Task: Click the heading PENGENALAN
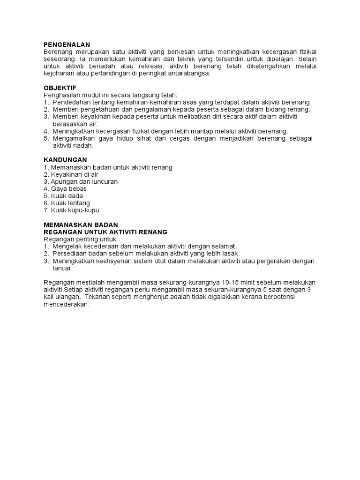pyautogui.click(x=66, y=44)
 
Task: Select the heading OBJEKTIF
pyautogui.click(x=60, y=88)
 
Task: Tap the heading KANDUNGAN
pyautogui.click(x=65, y=160)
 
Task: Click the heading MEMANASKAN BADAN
pyautogui.click(x=81, y=225)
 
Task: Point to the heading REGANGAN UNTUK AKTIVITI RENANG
pyautogui.click(x=105, y=232)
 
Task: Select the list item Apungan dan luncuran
pyautogui.click(x=81, y=181)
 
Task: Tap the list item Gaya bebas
pyautogui.click(x=65, y=188)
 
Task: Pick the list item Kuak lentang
pyautogui.click(x=67, y=203)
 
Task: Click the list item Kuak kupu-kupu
pyautogui.click(x=71, y=210)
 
